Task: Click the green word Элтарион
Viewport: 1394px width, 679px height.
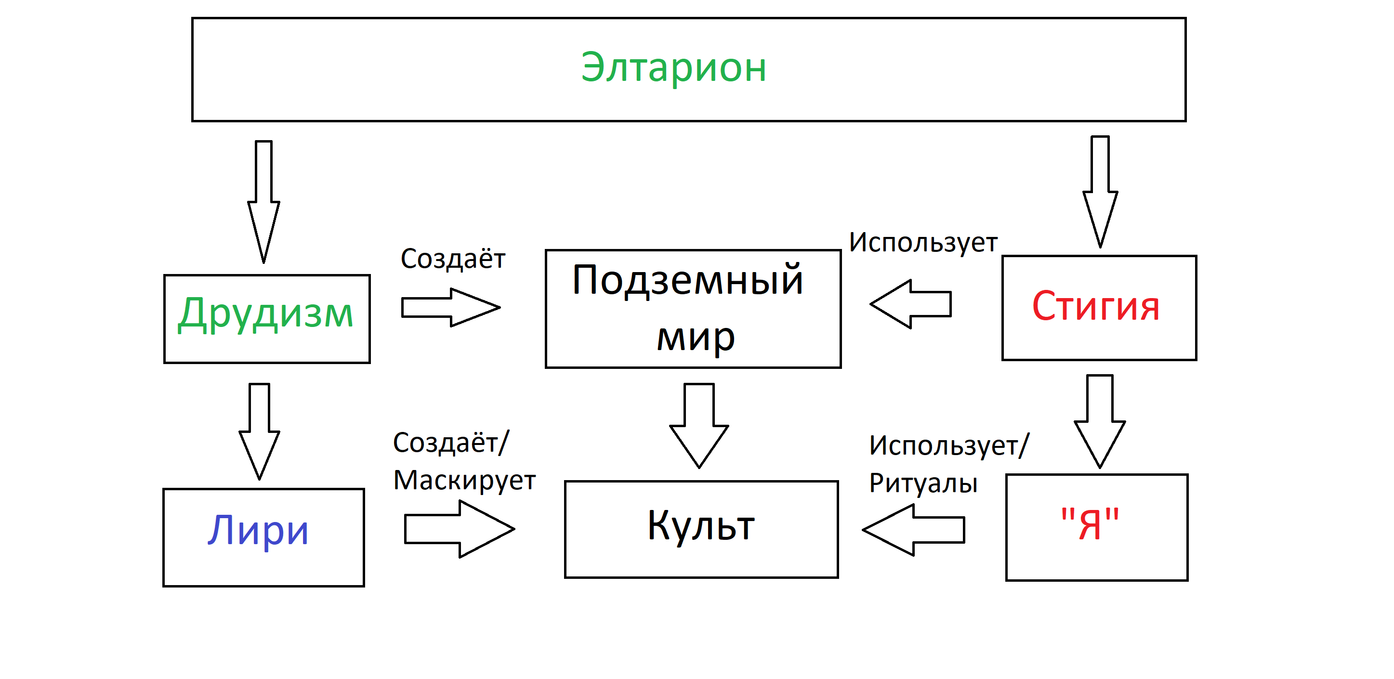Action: click(x=673, y=68)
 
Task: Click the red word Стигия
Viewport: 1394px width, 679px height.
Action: click(x=1096, y=306)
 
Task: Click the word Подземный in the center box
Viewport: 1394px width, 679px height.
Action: click(x=688, y=280)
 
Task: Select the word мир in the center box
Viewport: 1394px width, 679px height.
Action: click(x=696, y=338)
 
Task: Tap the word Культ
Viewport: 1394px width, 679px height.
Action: click(x=701, y=525)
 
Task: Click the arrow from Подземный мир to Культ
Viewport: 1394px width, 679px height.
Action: click(x=699, y=425)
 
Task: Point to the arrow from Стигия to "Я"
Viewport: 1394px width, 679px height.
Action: click(x=1100, y=421)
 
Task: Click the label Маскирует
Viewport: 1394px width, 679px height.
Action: click(x=464, y=481)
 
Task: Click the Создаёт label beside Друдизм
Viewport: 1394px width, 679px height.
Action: click(x=452, y=259)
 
